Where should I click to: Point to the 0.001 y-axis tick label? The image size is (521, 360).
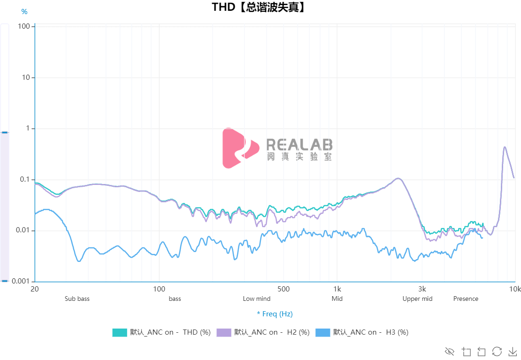(x=22, y=281)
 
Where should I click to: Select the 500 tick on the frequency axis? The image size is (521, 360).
(x=283, y=289)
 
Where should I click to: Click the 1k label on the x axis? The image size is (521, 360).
(x=337, y=289)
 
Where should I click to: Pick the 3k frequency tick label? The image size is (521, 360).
(x=422, y=289)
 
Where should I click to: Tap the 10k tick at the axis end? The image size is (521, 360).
(x=515, y=289)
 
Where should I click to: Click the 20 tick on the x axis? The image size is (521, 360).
(x=34, y=289)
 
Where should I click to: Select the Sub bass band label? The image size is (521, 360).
(x=77, y=299)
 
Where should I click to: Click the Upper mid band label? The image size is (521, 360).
(x=417, y=299)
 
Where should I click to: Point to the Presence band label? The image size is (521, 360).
(x=466, y=299)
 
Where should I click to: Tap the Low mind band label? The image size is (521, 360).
(x=256, y=299)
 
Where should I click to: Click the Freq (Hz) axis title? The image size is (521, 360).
(x=275, y=314)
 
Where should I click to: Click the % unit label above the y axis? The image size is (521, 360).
(x=24, y=12)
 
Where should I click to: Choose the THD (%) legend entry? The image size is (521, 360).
(x=161, y=332)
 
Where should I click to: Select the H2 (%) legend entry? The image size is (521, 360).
(x=263, y=332)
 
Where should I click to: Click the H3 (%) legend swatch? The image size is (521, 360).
(x=323, y=332)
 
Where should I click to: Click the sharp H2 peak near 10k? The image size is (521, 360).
(x=505, y=147)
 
